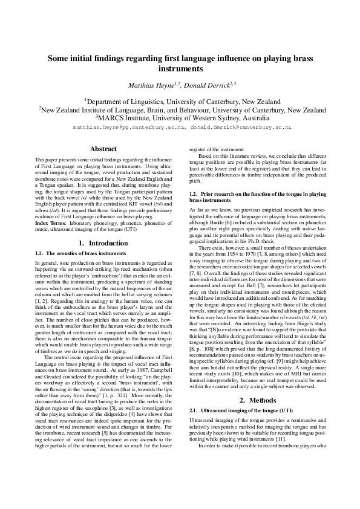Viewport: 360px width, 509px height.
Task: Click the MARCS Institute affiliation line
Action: click(180, 118)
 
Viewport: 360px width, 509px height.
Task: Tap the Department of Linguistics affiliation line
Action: click(180, 102)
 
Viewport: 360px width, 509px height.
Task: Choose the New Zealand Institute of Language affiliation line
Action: click(180, 110)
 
